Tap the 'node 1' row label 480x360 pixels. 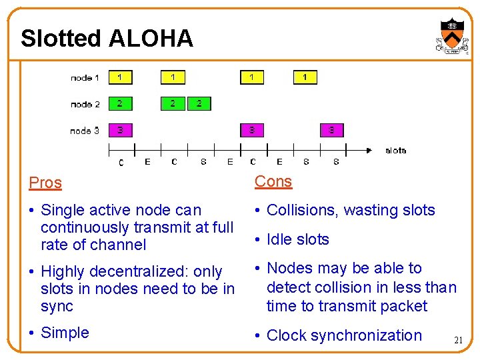click(x=85, y=78)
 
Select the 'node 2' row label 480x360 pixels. click(x=85, y=104)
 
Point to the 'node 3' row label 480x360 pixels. click(x=85, y=131)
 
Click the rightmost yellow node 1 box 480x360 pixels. click(x=305, y=77)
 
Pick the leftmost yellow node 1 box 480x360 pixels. click(x=120, y=77)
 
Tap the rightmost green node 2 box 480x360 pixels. click(x=199, y=103)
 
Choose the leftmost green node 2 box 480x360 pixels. click(x=120, y=103)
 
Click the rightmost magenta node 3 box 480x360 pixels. click(x=332, y=130)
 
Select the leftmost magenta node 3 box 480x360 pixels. click(x=120, y=130)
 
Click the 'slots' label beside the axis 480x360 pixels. click(x=396, y=150)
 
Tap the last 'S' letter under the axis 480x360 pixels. click(x=336, y=161)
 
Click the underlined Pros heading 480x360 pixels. click(x=45, y=183)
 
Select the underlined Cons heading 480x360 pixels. click(x=273, y=181)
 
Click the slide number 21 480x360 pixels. click(x=458, y=341)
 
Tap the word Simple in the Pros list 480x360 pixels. click(x=65, y=333)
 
